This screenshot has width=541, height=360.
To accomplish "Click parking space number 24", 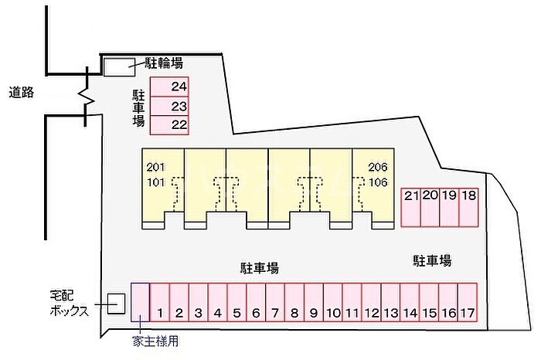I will [x=169, y=87].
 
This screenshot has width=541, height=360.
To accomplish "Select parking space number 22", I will [x=169, y=124].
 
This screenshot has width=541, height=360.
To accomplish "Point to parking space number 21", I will [x=410, y=206].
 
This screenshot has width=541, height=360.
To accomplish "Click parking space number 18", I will [x=468, y=206].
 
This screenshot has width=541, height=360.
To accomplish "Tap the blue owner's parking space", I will [x=140, y=302].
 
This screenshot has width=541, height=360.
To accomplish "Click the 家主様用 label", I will [x=156, y=340].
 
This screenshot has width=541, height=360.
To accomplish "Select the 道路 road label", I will [x=22, y=93].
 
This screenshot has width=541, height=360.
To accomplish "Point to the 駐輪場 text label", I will [x=165, y=63].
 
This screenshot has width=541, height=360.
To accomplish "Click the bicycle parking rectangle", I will [x=118, y=67].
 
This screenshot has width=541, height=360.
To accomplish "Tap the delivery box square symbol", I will [x=116, y=304].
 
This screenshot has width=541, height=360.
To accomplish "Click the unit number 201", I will [x=156, y=168].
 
